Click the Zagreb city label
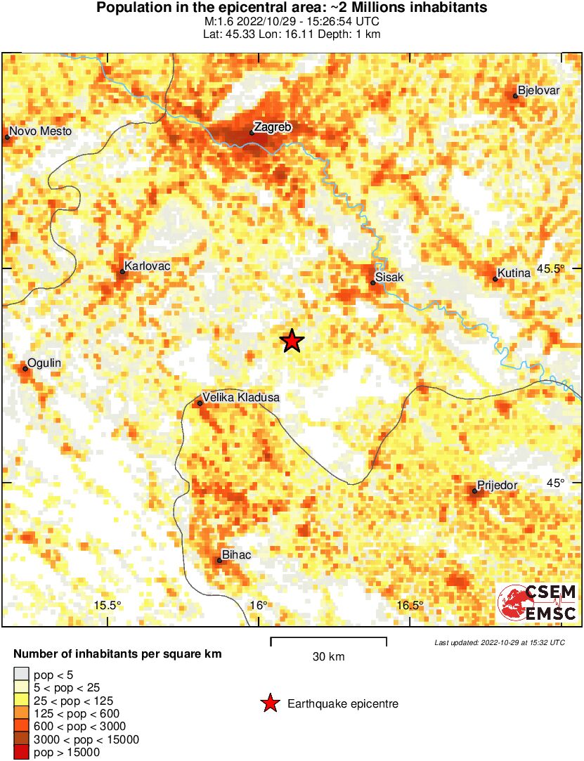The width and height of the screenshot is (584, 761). [x=272, y=127]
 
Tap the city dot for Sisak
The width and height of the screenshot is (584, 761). [x=373, y=283]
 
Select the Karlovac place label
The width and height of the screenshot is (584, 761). [x=147, y=267]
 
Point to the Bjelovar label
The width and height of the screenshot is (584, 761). [x=538, y=90]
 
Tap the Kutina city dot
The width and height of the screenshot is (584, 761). [x=495, y=280]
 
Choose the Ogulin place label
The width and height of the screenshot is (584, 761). [x=46, y=363]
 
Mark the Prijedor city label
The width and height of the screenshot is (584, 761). [x=497, y=485]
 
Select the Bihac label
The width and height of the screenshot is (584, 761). [x=236, y=555]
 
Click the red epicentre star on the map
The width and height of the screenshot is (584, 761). [x=292, y=342]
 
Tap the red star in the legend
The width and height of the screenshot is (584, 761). [x=269, y=703]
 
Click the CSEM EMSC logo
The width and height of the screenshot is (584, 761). [x=538, y=603]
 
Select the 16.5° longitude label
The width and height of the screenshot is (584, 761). [x=410, y=606]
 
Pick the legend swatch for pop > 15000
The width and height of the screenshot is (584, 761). [x=22, y=753]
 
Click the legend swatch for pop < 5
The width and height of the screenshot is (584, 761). [x=22, y=675]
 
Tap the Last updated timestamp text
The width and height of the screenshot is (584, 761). [x=499, y=642]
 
